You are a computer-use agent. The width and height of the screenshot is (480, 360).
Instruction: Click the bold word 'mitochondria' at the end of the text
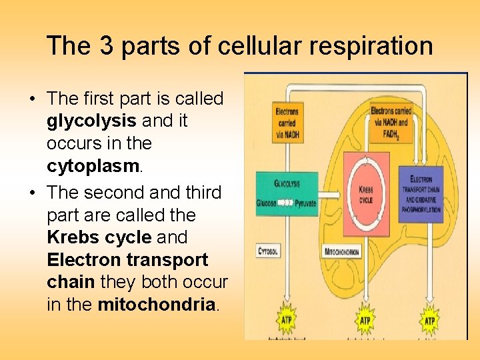tap(156, 305)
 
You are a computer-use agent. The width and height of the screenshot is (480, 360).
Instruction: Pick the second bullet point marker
tap(32, 193)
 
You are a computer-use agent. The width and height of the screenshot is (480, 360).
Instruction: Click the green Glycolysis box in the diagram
tap(287, 193)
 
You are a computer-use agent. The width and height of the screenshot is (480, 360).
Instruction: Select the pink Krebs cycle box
tap(365, 193)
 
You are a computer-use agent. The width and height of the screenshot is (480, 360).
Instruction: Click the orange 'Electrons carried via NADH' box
tap(287, 121)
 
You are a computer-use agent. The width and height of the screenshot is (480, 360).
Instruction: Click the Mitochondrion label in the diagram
tap(343, 253)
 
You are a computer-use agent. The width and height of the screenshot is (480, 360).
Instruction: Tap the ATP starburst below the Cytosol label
tap(286, 320)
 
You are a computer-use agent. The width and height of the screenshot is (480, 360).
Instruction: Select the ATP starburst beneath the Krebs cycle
tap(365, 320)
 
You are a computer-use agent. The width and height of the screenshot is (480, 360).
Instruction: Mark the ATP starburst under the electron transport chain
tap(429, 320)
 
